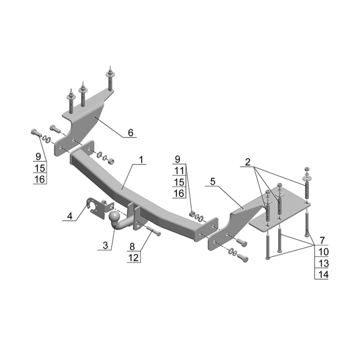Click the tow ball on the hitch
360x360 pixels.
(114, 216)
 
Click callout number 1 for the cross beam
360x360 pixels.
(141, 160)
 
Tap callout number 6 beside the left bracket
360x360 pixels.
(130, 132)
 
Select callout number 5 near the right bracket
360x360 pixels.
(213, 182)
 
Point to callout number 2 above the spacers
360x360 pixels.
(248, 162)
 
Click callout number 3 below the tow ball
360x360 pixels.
(105, 246)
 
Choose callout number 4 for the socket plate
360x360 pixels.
(70, 216)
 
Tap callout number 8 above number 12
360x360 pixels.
(132, 246)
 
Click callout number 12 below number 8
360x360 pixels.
(134, 258)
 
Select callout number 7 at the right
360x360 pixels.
(322, 241)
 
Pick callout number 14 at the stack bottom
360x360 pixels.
(323, 274)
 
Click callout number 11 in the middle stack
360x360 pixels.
(179, 170)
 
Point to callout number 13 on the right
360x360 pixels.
(323, 263)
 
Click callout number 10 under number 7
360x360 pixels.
(323, 252)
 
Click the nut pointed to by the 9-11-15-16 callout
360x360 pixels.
(192, 215)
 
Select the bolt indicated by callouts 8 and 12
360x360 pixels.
(153, 231)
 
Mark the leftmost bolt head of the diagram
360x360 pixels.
(34, 132)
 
